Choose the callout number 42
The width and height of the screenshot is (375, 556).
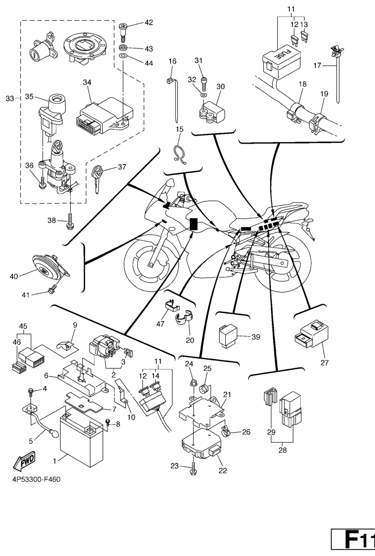(x=148, y=23)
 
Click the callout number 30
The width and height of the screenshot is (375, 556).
(x=221, y=87)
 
